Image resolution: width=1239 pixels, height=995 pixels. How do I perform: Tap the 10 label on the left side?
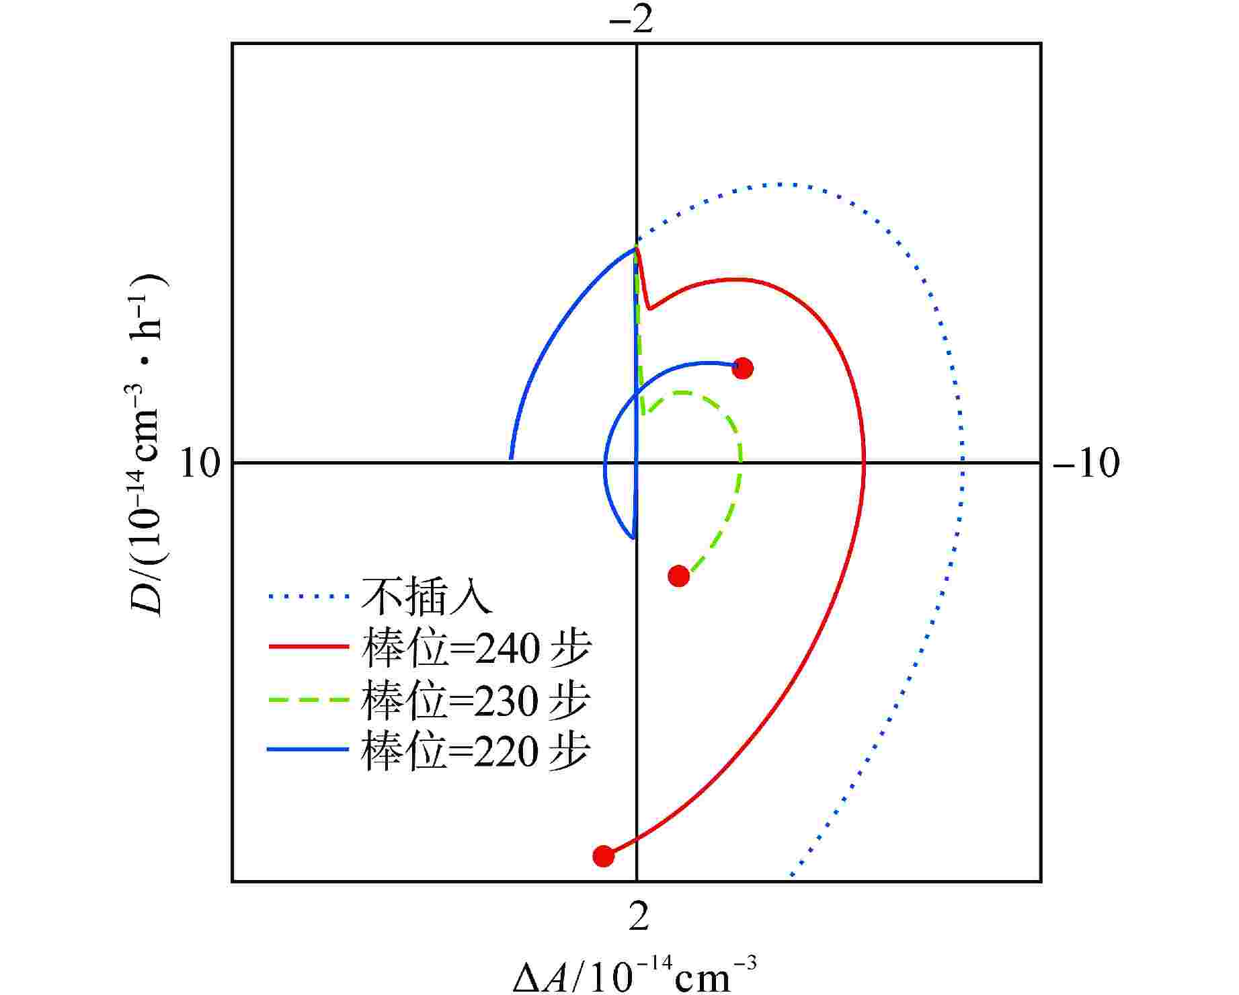(200, 463)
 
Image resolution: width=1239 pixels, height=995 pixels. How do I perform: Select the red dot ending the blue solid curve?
(742, 368)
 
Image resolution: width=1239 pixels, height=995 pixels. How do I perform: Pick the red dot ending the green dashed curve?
(679, 575)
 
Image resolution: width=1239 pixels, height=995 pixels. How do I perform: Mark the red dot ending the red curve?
(604, 856)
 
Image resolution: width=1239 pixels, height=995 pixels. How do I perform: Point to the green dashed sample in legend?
(309, 699)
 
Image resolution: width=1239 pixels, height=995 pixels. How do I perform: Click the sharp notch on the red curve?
(649, 309)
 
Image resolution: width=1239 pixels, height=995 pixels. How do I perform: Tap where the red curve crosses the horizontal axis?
(865, 463)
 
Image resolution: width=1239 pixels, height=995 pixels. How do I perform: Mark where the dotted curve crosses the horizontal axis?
(963, 463)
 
